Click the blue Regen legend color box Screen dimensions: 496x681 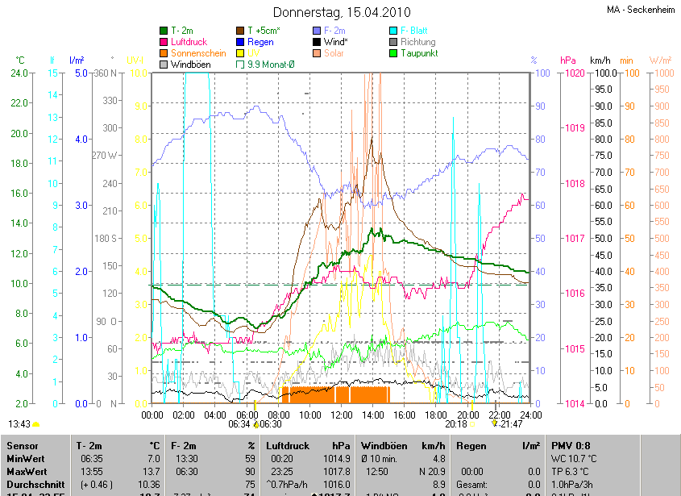pos(240,42)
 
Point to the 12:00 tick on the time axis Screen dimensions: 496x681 pos(342,415)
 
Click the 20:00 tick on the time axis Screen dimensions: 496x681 pos(467,415)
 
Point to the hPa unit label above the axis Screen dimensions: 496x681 pos(568,60)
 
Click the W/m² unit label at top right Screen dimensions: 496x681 pos(660,60)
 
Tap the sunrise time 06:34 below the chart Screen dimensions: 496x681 pos(239,423)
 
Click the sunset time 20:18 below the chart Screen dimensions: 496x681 pos(456,423)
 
